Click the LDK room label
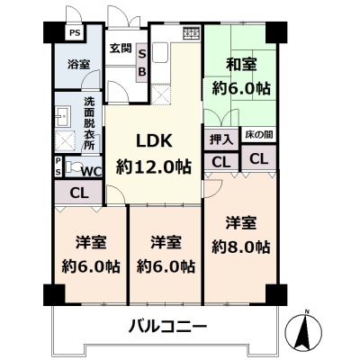click(154, 140)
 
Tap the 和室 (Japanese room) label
click(241, 65)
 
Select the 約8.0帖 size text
click(241, 247)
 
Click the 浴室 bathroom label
click(78, 64)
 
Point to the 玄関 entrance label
click(121, 49)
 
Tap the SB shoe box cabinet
click(142, 63)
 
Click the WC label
click(92, 172)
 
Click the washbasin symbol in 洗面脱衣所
click(63, 115)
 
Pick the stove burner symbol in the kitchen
click(192, 32)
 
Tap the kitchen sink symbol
click(160, 51)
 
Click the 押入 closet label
click(221, 139)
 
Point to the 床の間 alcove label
click(259, 135)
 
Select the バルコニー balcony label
click(167, 326)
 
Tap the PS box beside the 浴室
click(75, 32)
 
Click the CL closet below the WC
click(79, 193)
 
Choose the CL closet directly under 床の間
click(259, 158)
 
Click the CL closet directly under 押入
click(221, 162)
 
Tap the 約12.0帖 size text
click(154, 166)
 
